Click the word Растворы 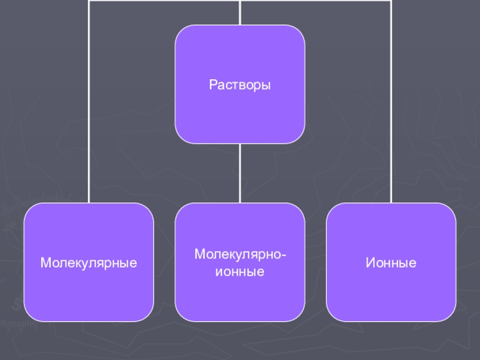(x=240, y=85)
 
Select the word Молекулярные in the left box (x=89, y=263)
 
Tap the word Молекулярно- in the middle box (x=240, y=255)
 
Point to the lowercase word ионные (x=240, y=271)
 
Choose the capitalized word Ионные (x=391, y=263)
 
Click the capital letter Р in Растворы (x=212, y=85)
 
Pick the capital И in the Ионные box (x=369, y=263)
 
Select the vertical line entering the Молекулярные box (x=89, y=120)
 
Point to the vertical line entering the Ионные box (x=391, y=120)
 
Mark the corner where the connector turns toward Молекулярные (x=89, y=1)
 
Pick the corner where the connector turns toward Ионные (x=391, y=1)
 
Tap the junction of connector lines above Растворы (x=240, y=1)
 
